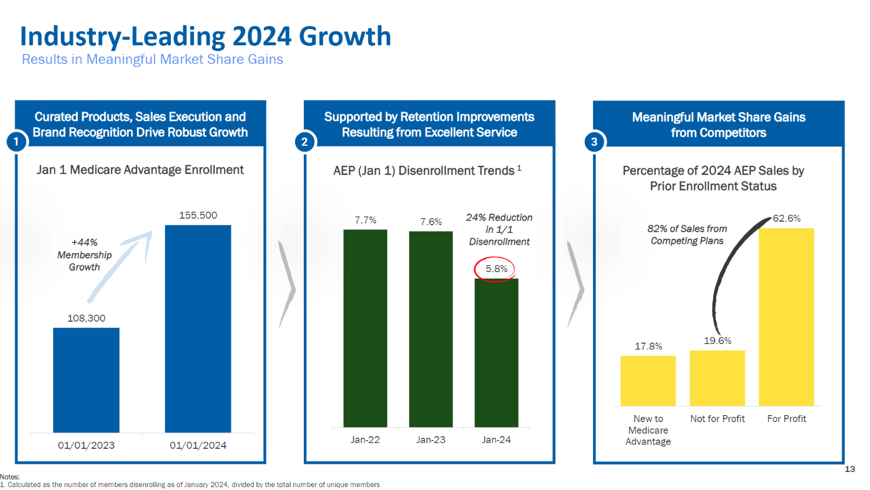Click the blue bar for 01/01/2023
point(86,380)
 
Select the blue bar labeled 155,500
point(198,328)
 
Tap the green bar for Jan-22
point(365,328)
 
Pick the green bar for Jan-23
point(431,329)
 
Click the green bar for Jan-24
point(497,352)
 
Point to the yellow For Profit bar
point(786,316)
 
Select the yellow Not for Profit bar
point(717,378)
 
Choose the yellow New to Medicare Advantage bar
point(648,380)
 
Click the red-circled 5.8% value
point(496,269)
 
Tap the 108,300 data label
point(87,318)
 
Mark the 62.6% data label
point(786,218)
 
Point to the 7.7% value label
point(365,220)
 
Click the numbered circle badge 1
point(16,141)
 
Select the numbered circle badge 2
point(304,142)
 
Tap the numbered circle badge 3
point(594,142)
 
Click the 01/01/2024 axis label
point(198,445)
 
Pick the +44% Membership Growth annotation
point(84,255)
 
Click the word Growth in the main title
point(345,36)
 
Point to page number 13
point(850,469)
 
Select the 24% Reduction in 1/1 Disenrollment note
point(499,229)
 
